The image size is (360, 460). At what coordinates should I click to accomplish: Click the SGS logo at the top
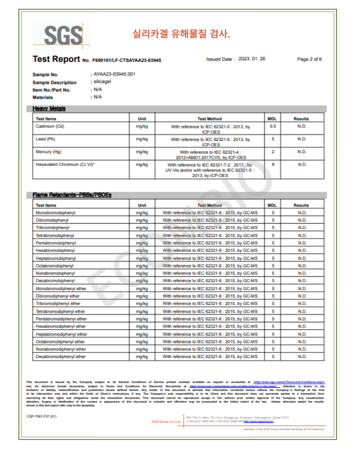click(x=61, y=36)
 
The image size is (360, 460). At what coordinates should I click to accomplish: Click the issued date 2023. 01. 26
click(x=252, y=59)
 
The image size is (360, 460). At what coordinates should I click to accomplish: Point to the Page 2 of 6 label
click(x=309, y=59)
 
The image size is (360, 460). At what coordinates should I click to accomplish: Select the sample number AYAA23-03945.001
click(x=114, y=74)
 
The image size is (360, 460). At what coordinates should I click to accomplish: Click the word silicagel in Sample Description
click(x=103, y=82)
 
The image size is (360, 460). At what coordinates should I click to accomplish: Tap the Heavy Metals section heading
click(x=49, y=109)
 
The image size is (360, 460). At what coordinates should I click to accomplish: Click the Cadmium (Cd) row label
click(x=50, y=126)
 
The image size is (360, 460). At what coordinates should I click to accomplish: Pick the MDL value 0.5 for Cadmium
click(x=273, y=126)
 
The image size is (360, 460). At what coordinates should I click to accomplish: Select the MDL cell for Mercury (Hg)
click(x=273, y=152)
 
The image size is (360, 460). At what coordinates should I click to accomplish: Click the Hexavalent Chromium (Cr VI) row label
click(x=65, y=165)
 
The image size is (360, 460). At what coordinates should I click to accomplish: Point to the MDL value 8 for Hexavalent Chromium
click(x=273, y=165)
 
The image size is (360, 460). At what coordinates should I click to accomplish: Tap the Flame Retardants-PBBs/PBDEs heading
click(x=72, y=195)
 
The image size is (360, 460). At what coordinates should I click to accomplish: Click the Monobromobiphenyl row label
click(x=55, y=213)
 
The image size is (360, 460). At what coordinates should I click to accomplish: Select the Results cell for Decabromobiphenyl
click(x=302, y=281)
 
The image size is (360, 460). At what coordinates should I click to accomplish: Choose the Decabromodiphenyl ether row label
click(x=61, y=357)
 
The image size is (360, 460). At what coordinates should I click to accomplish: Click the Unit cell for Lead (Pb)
click(x=142, y=139)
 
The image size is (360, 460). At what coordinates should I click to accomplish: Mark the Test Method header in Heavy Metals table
click(x=209, y=119)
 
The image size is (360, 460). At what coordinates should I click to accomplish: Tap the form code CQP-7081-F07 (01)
click(x=41, y=417)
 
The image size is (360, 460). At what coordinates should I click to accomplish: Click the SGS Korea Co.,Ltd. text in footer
click(x=166, y=422)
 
